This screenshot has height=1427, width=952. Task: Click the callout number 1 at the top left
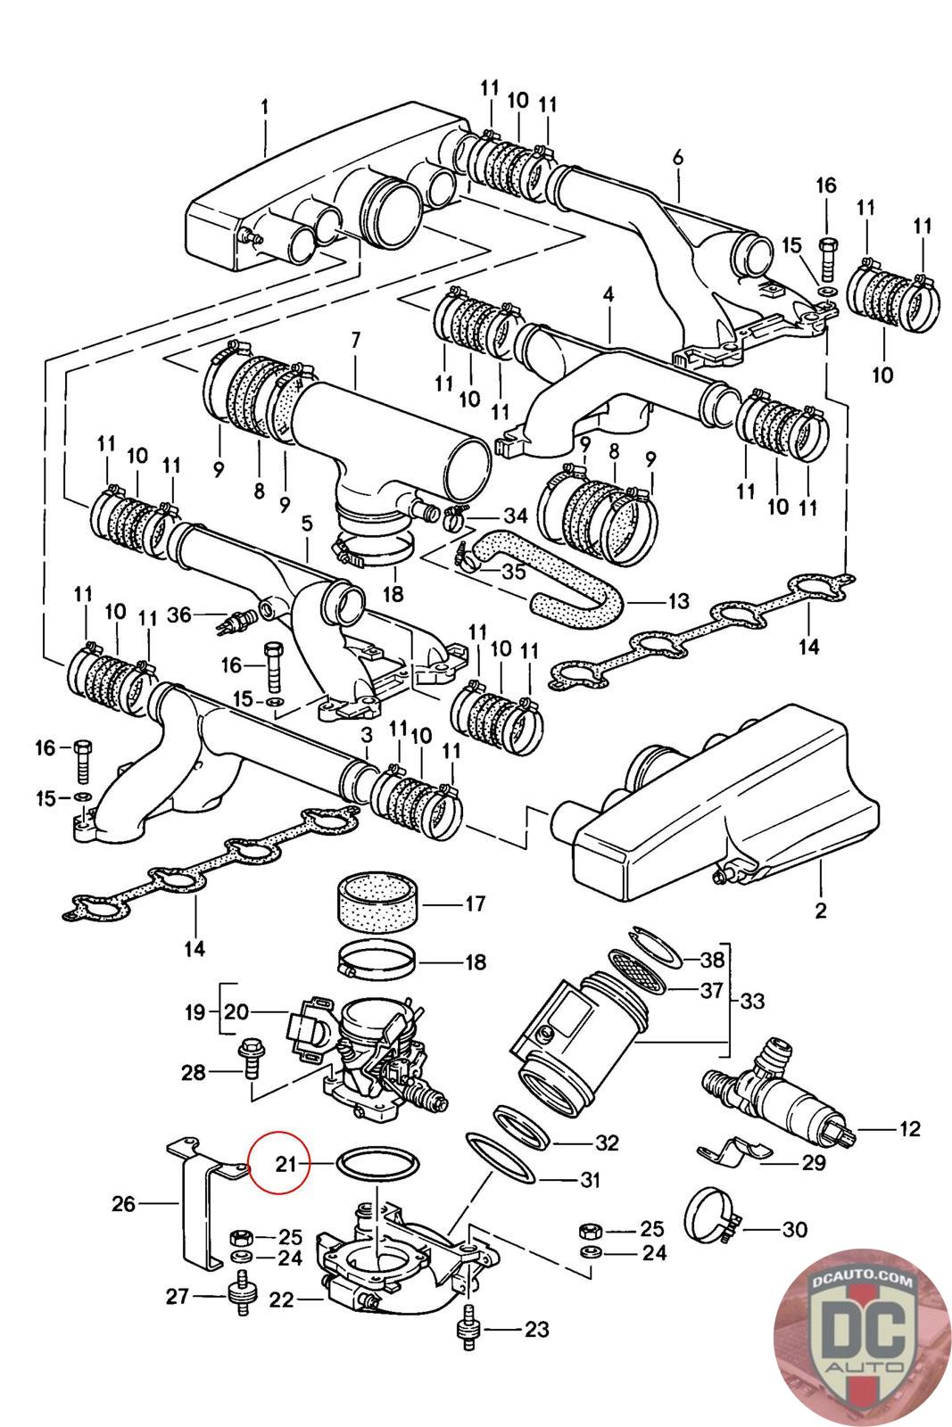pos(265,109)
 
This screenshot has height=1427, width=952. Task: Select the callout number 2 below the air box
pos(820,911)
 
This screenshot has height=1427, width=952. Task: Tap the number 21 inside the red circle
pos(286,1163)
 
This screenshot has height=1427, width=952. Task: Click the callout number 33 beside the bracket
pos(752,1001)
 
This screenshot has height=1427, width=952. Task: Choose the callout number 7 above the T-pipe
pos(354,340)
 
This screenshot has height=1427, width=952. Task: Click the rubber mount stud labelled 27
pos(238,1295)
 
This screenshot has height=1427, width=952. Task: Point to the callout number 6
pos(677,158)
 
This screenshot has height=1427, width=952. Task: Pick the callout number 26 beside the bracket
pos(123,1204)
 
